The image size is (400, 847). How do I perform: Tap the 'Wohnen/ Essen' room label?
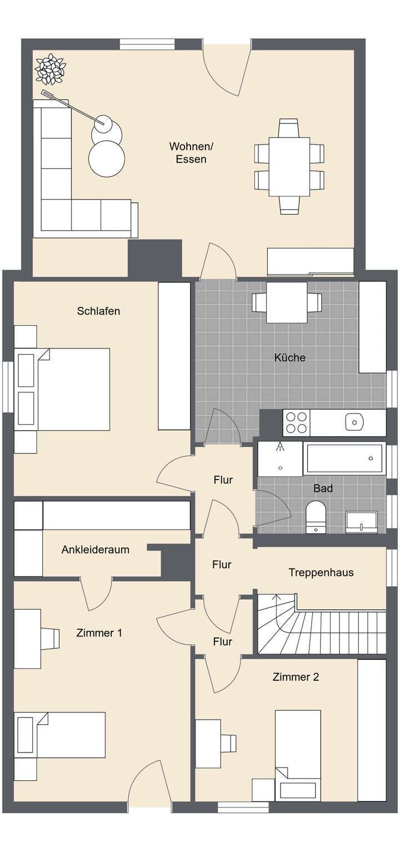click(191, 153)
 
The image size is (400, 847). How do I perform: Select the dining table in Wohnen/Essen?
click(289, 166)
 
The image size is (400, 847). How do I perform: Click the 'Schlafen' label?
click(98, 311)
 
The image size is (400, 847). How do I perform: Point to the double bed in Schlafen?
click(67, 389)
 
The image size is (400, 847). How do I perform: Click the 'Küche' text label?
click(289, 357)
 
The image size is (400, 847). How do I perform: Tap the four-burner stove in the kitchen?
click(296, 423)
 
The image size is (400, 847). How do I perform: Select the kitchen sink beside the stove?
click(353, 422)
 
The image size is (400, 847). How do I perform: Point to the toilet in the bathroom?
click(316, 516)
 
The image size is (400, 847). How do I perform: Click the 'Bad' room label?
click(323, 488)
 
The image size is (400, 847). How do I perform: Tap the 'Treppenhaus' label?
click(321, 572)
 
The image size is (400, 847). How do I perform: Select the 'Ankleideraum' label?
click(95, 550)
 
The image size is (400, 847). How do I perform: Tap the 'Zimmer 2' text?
click(296, 677)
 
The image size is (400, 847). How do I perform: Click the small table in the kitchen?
click(287, 302)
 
